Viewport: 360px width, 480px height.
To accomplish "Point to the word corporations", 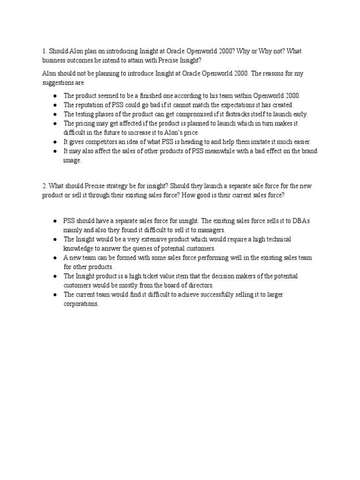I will pyautogui.click(x=81, y=303).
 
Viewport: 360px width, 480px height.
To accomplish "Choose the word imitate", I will pyautogui.click(x=254, y=142).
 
